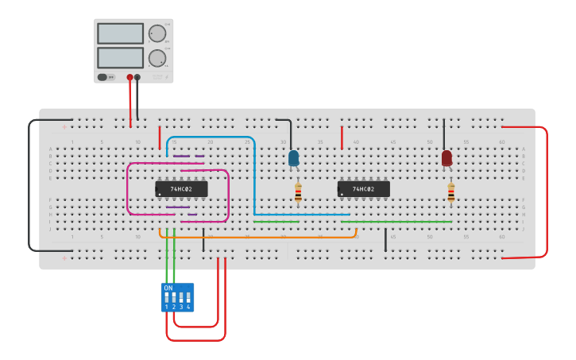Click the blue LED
294,158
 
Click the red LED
446,158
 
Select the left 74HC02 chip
181,189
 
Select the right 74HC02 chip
363,189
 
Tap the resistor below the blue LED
298,193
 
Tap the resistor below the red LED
450,193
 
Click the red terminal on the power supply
130,77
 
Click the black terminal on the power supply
137,77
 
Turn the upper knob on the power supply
157,33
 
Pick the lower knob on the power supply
157,58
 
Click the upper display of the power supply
120,33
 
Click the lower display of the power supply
120,58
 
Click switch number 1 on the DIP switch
167,299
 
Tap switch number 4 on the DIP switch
188,299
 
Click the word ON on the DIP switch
168,288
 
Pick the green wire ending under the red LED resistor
397,222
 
